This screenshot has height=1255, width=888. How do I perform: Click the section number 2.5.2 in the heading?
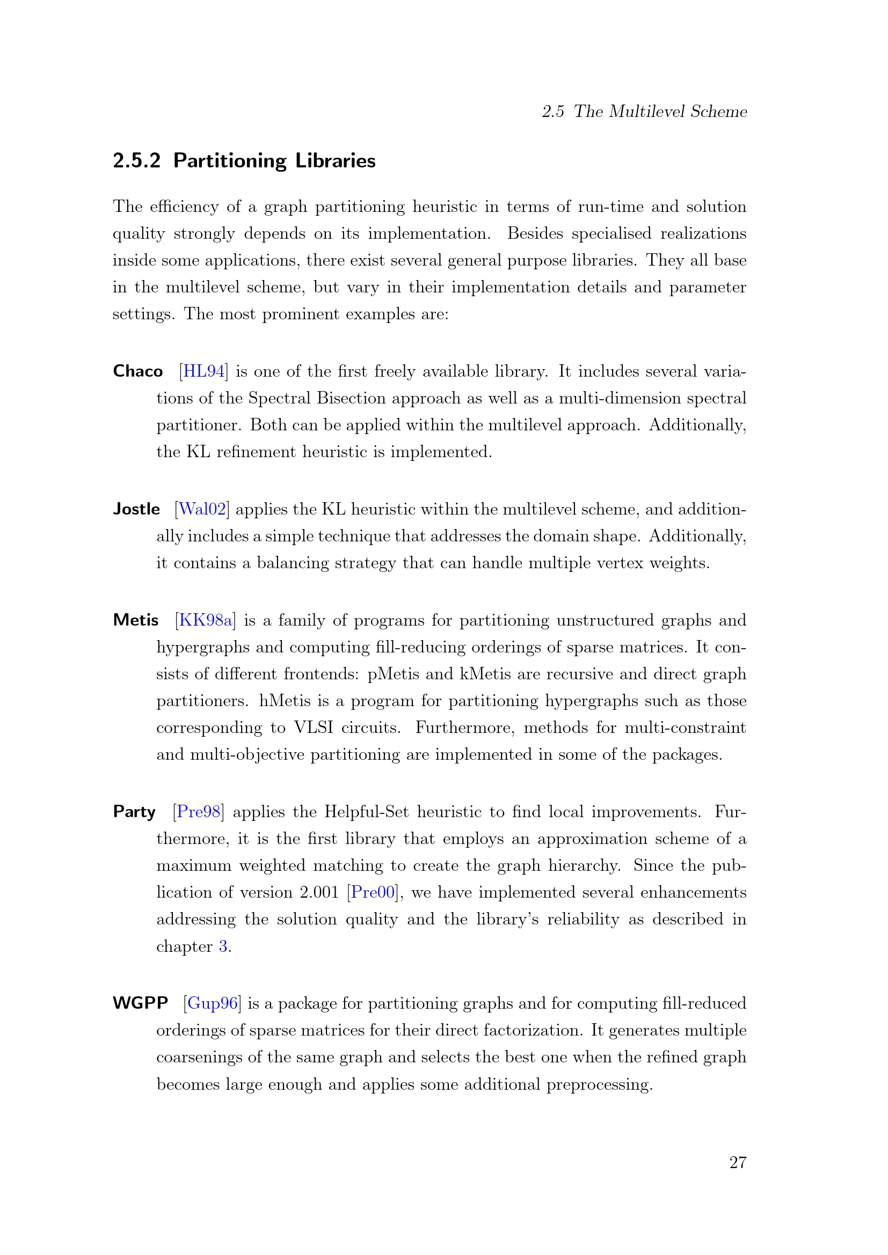(x=136, y=161)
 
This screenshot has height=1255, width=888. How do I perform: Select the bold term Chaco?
(x=138, y=371)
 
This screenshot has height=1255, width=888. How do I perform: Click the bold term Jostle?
(x=136, y=509)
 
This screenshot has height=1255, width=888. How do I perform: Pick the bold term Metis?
(x=136, y=620)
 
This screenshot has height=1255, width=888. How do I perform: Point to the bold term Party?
(x=134, y=812)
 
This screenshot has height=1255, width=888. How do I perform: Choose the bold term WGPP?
(x=140, y=1003)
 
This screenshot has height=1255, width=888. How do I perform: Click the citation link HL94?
(x=203, y=371)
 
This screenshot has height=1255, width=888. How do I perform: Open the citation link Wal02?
(x=202, y=509)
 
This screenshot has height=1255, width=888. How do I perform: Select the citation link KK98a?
(x=205, y=620)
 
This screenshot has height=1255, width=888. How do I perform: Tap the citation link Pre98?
(x=198, y=812)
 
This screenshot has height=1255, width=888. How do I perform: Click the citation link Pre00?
(x=373, y=892)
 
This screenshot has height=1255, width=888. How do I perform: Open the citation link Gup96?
(x=212, y=1003)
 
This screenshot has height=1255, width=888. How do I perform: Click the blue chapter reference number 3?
(x=223, y=946)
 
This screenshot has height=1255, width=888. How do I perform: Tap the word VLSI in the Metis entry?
(x=314, y=728)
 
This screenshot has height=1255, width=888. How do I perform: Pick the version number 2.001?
(x=319, y=892)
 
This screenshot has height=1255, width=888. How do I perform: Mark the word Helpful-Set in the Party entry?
(x=366, y=812)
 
